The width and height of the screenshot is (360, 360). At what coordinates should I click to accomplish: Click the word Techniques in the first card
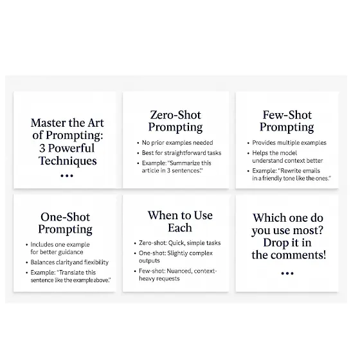coord(67,161)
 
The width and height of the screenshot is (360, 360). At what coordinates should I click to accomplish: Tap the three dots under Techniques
coord(67,176)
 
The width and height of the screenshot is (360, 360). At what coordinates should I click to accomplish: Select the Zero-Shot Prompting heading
coord(175,121)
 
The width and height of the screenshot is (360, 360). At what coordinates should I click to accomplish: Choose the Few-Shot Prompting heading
coord(287,121)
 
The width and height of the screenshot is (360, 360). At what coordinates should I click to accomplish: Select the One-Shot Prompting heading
coord(66,223)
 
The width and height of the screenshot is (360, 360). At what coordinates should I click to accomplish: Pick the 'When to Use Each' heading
coord(180,222)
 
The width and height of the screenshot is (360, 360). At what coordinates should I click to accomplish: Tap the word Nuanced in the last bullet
coord(179,271)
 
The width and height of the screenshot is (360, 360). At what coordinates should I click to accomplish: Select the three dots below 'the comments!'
coord(287,273)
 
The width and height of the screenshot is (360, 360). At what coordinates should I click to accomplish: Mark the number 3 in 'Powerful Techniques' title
coord(42,148)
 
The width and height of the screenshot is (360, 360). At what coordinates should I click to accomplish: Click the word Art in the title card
coord(95,123)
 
